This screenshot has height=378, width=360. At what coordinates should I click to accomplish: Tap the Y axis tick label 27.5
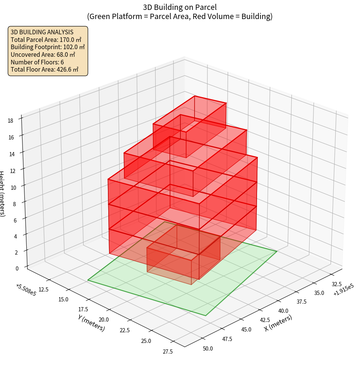point(167,352)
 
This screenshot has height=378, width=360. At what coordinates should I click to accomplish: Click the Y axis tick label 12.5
point(43,290)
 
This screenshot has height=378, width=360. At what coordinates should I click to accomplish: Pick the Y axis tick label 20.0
point(103,320)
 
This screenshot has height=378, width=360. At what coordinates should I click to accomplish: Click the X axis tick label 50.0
point(208,348)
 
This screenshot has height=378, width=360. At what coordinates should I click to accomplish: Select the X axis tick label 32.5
point(337,284)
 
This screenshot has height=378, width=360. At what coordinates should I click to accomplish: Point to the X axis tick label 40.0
point(283,311)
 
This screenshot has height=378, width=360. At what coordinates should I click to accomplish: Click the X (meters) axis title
point(278,323)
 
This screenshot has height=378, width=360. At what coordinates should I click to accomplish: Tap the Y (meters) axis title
point(92,323)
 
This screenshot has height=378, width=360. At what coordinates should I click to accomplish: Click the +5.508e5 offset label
point(26,290)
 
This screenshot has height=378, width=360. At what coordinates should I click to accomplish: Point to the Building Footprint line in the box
point(48,47)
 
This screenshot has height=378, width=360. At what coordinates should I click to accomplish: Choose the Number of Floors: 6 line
point(37,62)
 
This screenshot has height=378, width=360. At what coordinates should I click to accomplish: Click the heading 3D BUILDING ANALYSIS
point(42,32)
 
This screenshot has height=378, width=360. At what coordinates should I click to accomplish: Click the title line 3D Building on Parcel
point(180,7)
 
